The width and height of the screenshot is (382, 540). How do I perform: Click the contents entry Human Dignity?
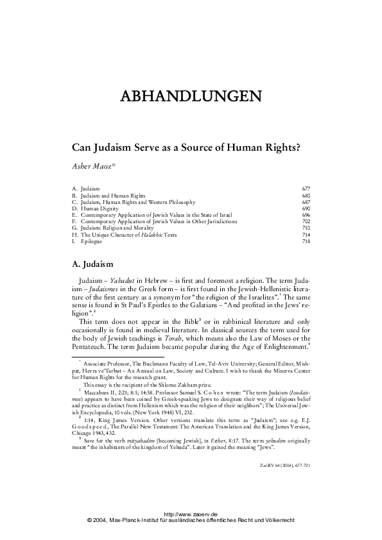(x=100, y=208)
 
